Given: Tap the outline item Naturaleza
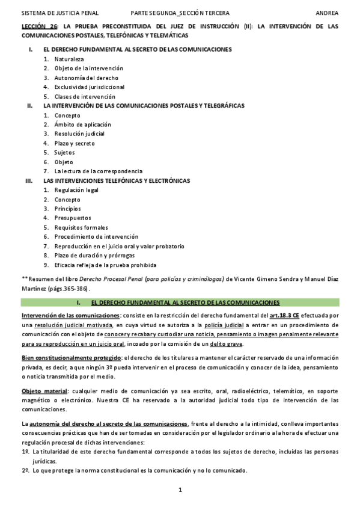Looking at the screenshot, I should tap(69, 60).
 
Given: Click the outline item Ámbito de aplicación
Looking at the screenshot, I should tap(79, 124).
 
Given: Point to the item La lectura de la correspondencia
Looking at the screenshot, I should tap(99, 171).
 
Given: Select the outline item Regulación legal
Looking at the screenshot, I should tap(76, 190).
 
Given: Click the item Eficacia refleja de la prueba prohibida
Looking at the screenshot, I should tap(106, 265).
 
